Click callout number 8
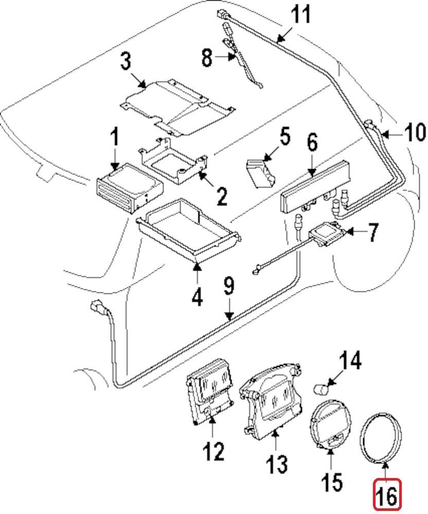206,58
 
